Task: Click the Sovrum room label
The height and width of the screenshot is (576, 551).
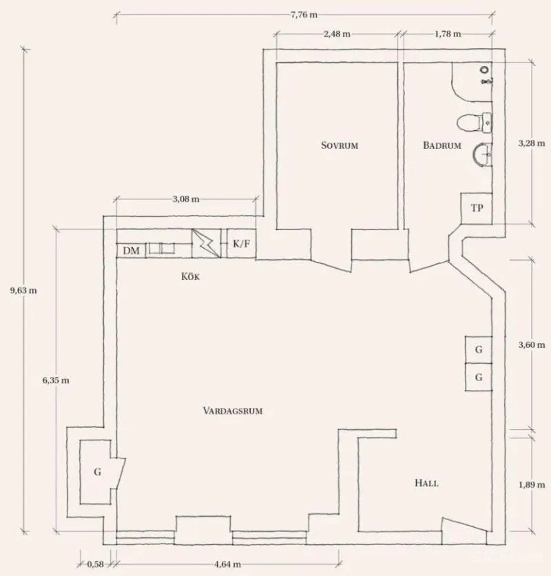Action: (x=340, y=145)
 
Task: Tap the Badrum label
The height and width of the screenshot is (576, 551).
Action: (x=442, y=145)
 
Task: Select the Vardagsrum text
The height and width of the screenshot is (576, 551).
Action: (x=233, y=411)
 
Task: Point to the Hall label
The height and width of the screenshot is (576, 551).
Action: (x=426, y=483)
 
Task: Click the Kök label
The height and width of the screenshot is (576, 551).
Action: (x=190, y=276)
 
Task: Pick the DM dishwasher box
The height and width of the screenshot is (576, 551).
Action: (x=131, y=251)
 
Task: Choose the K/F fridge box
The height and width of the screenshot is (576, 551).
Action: (x=241, y=243)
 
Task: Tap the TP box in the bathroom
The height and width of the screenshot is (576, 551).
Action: (x=477, y=208)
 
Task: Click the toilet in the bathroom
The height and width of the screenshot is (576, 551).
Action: (x=474, y=123)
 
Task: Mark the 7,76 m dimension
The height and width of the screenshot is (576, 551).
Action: (x=304, y=15)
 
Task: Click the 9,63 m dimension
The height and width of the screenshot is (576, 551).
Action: (x=23, y=291)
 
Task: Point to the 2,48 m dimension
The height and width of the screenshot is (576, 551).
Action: (x=337, y=34)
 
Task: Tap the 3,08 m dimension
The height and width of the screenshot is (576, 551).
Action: (x=186, y=199)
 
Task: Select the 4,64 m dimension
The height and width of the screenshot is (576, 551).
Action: (x=227, y=564)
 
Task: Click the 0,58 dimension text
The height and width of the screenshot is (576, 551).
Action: (x=96, y=564)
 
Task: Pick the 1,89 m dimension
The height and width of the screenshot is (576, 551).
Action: (x=532, y=485)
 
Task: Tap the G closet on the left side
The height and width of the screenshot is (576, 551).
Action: (x=97, y=472)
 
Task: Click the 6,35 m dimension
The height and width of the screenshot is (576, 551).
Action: (x=56, y=380)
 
